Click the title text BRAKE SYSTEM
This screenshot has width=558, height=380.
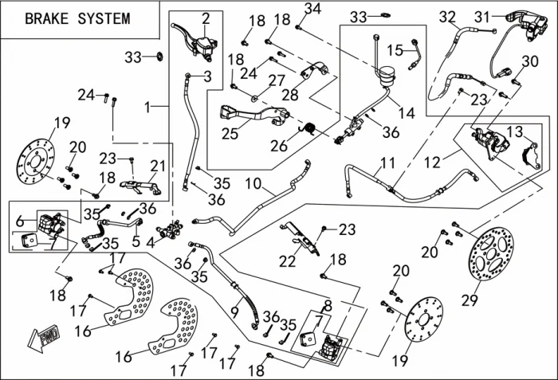(x=77, y=18)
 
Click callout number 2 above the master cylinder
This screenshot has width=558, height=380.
(x=206, y=18)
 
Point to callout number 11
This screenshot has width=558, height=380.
(x=387, y=164)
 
